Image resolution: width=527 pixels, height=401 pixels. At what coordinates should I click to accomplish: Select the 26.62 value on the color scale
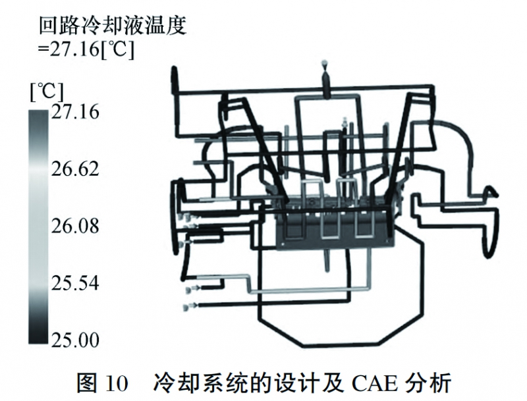point(74,170)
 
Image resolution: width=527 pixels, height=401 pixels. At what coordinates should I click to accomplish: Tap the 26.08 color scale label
point(74,227)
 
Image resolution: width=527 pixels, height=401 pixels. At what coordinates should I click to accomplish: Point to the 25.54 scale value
point(74,284)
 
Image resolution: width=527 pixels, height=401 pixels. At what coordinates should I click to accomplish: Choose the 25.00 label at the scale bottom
point(74,340)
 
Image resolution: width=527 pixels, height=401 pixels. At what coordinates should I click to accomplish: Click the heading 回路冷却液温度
point(113,26)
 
